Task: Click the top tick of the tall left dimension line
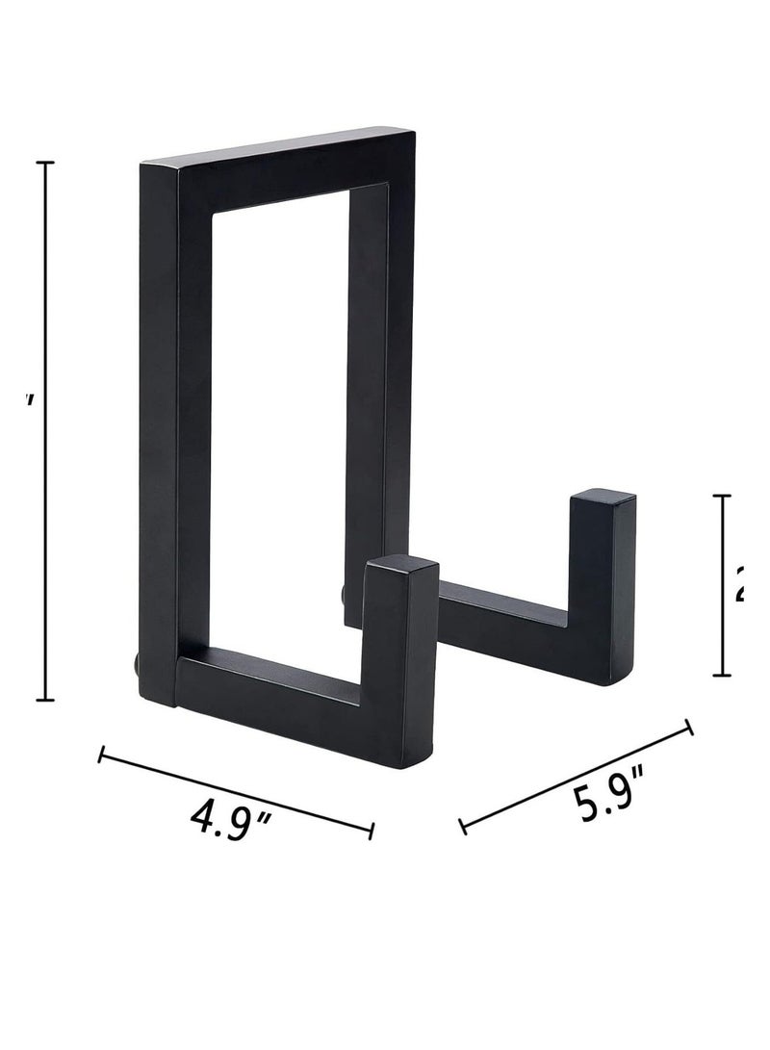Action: pyautogui.click(x=44, y=164)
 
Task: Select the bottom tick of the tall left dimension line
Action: pyautogui.click(x=44, y=700)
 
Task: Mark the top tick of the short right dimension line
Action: pyautogui.click(x=722, y=497)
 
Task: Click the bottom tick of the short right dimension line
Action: pyautogui.click(x=722, y=675)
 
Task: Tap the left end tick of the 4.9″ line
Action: pyautogui.click(x=101, y=755)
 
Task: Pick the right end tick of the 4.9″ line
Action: pyautogui.click(x=372, y=830)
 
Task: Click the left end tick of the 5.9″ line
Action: pyautogui.click(x=463, y=826)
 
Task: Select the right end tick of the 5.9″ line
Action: pyautogui.click(x=689, y=728)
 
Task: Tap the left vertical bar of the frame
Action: pyautogui.click(x=159, y=433)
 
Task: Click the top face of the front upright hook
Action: pyautogui.click(x=401, y=568)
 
